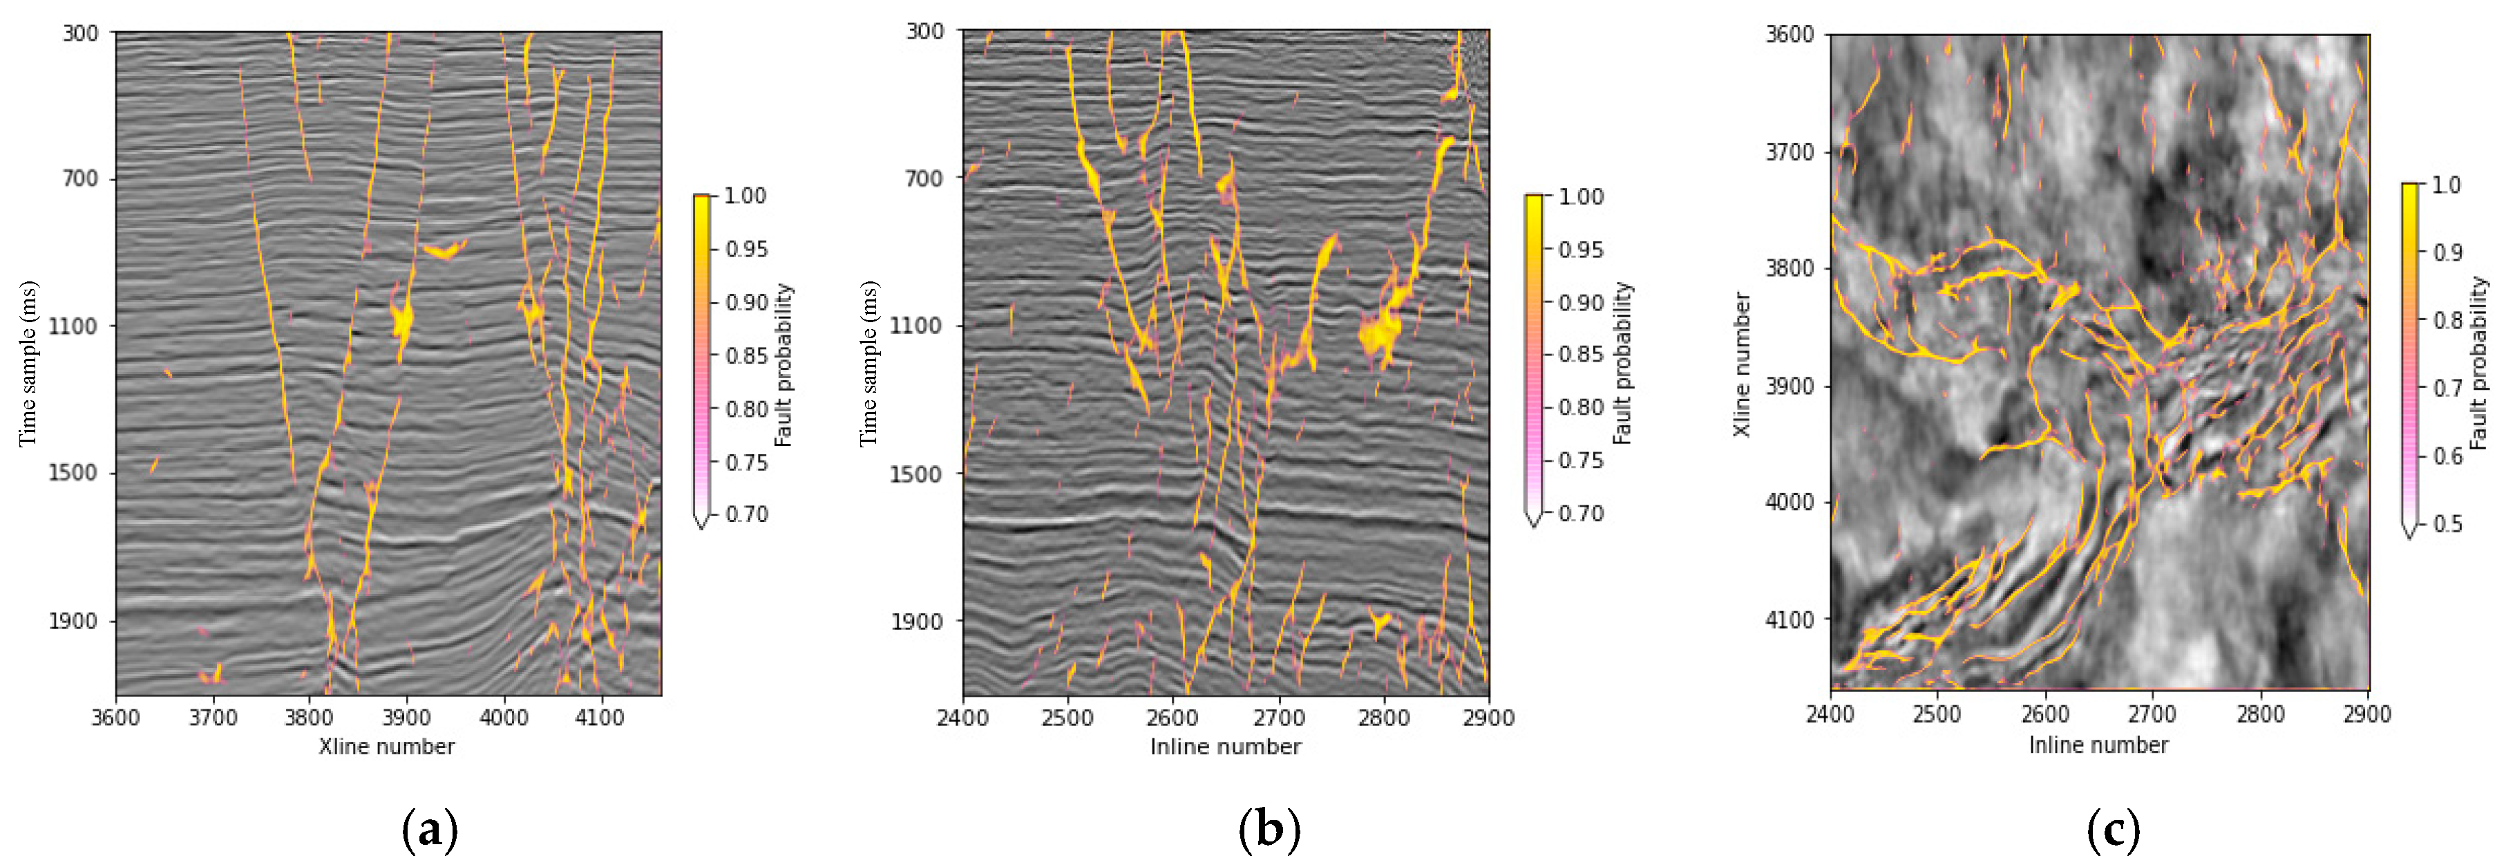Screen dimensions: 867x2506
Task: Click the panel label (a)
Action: [x=429, y=830]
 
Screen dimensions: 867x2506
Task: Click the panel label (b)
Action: [x=1269, y=830]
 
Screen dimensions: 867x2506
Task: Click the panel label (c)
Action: [x=2113, y=830]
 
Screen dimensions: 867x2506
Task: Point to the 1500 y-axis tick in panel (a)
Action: [x=73, y=473]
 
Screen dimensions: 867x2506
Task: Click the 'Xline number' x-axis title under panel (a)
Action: [x=386, y=746]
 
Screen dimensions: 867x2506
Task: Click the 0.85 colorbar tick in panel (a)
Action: [x=746, y=356]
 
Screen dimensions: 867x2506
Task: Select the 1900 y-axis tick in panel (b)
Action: [x=915, y=621]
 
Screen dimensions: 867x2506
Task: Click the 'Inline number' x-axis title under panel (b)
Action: [x=1225, y=746]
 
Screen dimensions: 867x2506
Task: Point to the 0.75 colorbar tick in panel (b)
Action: [x=1581, y=460]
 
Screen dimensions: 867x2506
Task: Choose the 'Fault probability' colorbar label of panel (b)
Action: [x=1622, y=364]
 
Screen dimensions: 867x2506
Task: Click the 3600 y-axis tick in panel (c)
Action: [x=1790, y=35]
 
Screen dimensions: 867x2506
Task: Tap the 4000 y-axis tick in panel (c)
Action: [x=1790, y=502]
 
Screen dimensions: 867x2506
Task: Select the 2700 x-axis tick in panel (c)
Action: [x=2152, y=714]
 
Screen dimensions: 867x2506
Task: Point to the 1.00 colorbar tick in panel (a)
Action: [x=746, y=196]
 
